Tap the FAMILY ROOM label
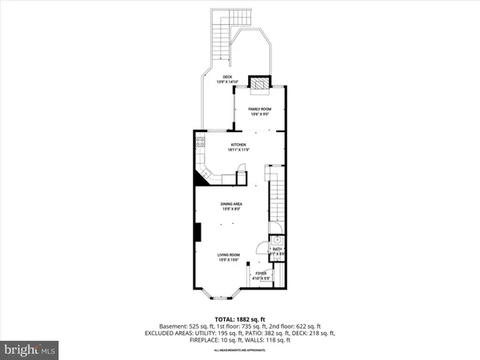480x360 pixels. pyautogui.click(x=259, y=108)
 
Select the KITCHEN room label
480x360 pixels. pyautogui.click(x=236, y=145)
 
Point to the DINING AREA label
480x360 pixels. pyautogui.click(x=232, y=205)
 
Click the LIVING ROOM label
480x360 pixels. pyautogui.click(x=231, y=254)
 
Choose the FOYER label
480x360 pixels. pyautogui.click(x=261, y=274)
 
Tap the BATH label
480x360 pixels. pyautogui.click(x=277, y=250)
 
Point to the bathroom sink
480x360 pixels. pyautogui.click(x=277, y=238)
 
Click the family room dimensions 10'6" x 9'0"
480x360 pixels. pyautogui.click(x=259, y=114)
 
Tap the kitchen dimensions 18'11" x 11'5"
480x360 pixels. pyautogui.click(x=236, y=150)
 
